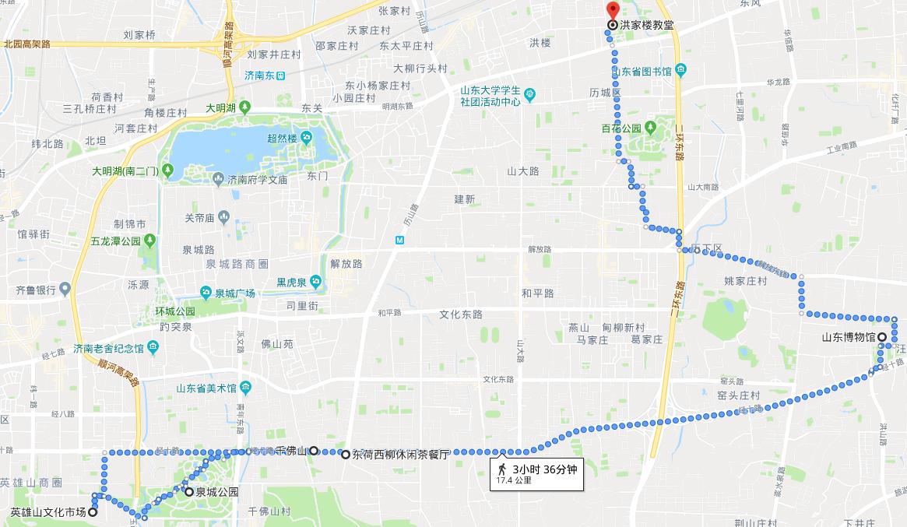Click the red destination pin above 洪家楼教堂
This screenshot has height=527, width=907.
pos(612,10)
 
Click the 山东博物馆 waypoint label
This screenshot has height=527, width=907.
pos(849,337)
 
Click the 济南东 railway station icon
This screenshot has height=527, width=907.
pos(281,76)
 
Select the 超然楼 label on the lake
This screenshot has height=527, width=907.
pos(282,139)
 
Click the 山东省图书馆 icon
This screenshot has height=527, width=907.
pos(681,71)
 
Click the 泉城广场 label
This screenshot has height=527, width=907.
pos(235,293)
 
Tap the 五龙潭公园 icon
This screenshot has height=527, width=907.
pos(147,241)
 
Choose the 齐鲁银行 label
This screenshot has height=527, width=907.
pos(36,290)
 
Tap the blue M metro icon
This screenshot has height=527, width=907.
pos(399,241)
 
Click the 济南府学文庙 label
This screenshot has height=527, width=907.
pos(251,180)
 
